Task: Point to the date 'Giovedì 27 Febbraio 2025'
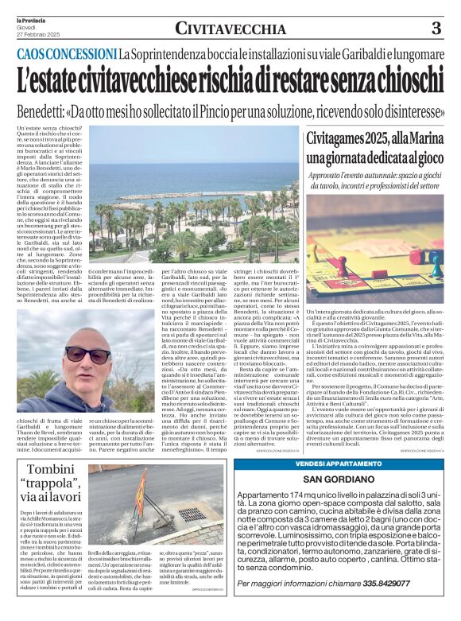33,29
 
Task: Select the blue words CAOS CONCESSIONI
67,55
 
